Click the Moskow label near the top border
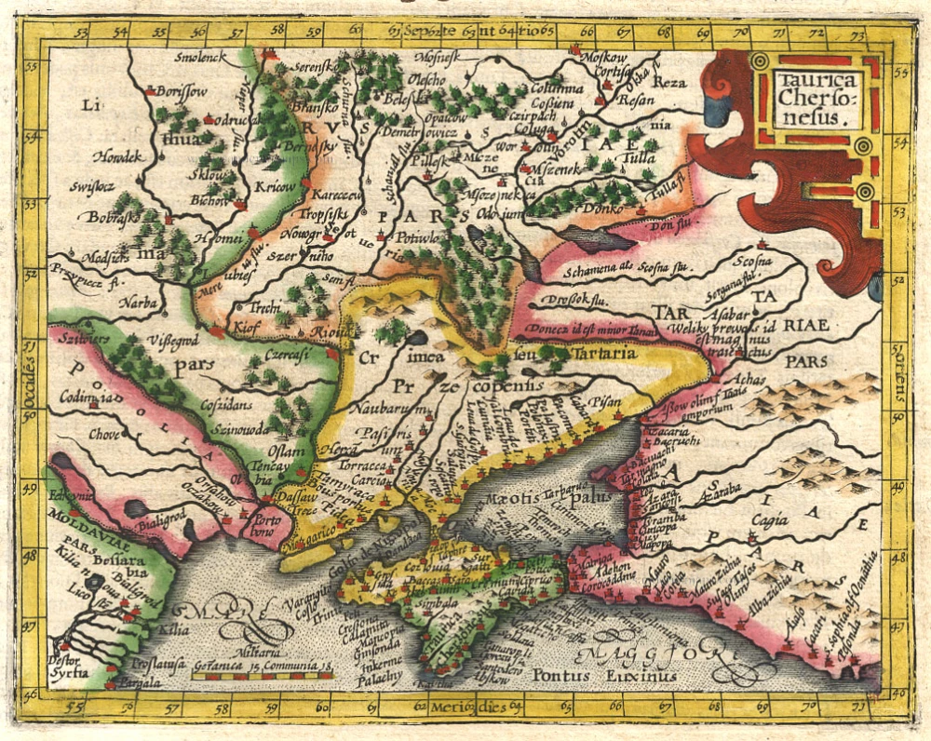pyautogui.click(x=603, y=57)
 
